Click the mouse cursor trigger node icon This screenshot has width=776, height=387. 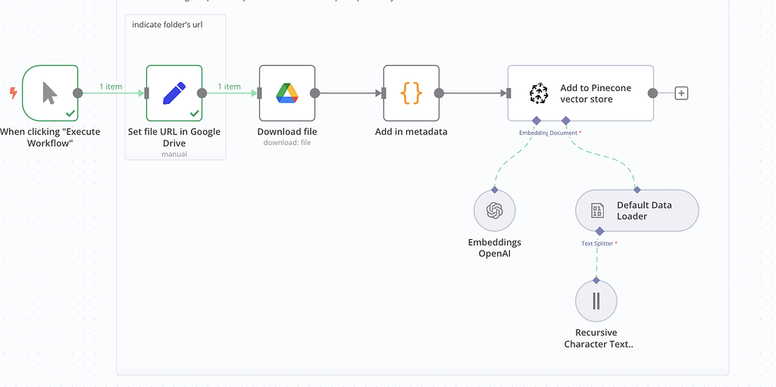(x=49, y=93)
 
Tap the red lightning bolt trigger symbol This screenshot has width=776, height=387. (x=12, y=93)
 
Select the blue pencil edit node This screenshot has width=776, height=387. (x=174, y=93)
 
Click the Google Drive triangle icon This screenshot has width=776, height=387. (x=286, y=93)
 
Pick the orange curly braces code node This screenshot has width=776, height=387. (x=411, y=93)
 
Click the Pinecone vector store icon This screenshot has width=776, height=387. (x=538, y=93)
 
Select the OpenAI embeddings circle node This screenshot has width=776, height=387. (x=494, y=210)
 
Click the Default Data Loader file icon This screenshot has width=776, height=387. (x=598, y=211)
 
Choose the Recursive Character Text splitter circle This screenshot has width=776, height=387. (x=596, y=301)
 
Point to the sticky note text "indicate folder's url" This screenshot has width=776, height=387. (x=167, y=25)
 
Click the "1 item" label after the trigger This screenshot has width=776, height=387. (x=111, y=87)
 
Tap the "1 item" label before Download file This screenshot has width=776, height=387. (x=229, y=87)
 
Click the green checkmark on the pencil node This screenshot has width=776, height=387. (x=194, y=113)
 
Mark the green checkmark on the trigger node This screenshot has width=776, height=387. (x=70, y=113)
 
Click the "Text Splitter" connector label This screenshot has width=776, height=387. (x=598, y=244)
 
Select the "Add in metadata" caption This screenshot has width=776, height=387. (x=411, y=132)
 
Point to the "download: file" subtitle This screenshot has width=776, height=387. (x=286, y=143)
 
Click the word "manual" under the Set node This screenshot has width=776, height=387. (x=174, y=154)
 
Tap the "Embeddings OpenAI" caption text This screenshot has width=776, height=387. (x=494, y=248)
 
